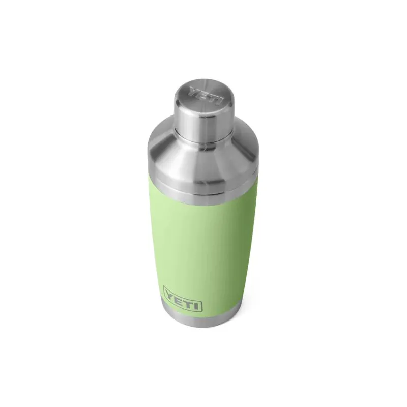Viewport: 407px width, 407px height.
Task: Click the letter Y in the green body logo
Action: pyautogui.click(x=169, y=295)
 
